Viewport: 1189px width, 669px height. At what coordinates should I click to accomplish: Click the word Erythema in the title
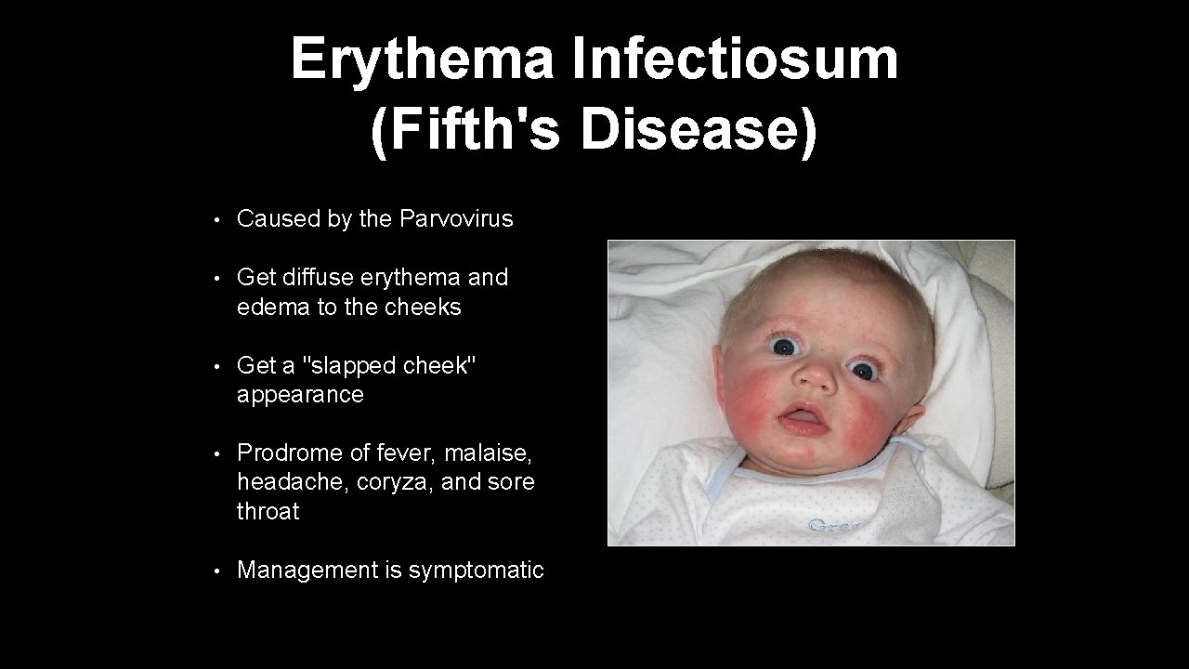423,59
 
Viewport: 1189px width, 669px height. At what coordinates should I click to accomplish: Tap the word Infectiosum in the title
735,59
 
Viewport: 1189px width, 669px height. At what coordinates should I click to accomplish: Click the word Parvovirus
456,218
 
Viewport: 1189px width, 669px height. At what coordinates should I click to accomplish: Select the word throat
268,511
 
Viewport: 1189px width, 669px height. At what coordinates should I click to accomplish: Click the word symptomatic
477,571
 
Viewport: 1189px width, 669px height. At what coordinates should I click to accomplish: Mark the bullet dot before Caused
215,220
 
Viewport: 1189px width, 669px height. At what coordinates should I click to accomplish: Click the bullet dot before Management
215,571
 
